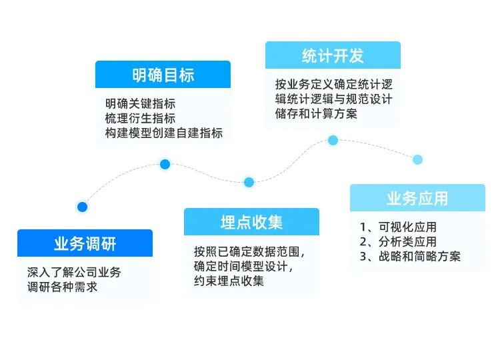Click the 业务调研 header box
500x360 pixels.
(x=85, y=243)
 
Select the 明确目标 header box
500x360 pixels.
(x=163, y=75)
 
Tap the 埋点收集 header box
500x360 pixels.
(x=251, y=222)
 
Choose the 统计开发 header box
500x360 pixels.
(x=333, y=55)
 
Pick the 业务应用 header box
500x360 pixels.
(x=417, y=198)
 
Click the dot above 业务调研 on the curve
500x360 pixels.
(x=82, y=207)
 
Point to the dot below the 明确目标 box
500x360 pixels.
(x=165, y=164)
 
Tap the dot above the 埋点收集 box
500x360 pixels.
(x=249, y=182)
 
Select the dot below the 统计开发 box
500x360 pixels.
(x=333, y=140)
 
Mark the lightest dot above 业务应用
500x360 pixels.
(x=417, y=159)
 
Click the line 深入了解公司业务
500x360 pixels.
(x=74, y=273)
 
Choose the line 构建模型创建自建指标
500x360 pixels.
(x=163, y=133)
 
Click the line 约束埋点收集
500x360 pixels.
(x=229, y=281)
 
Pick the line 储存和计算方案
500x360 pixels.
(x=316, y=114)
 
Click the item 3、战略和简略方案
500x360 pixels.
(x=410, y=256)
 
